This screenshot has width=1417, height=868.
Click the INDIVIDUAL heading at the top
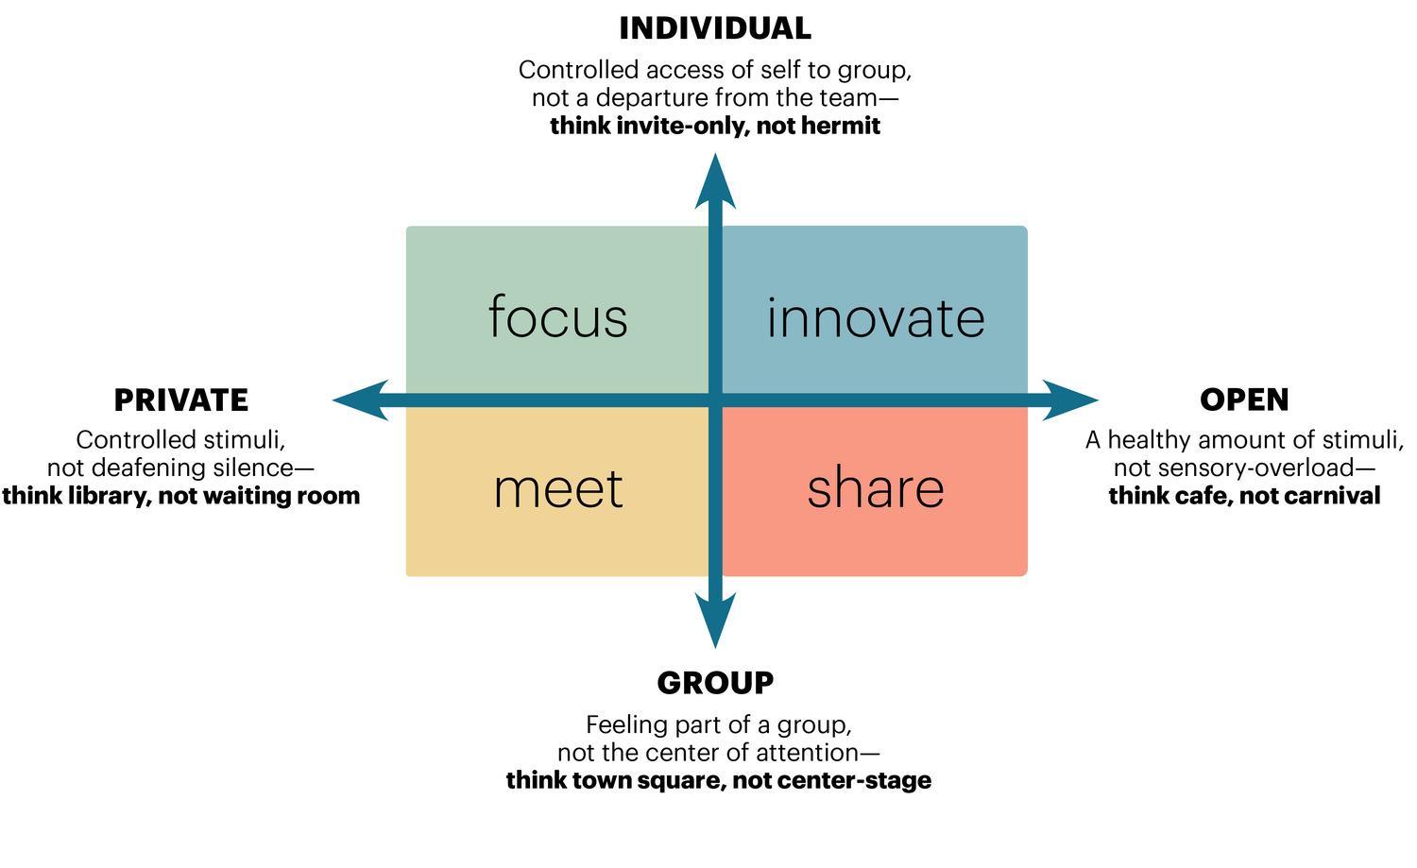click(715, 28)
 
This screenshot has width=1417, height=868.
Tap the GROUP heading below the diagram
click(715, 683)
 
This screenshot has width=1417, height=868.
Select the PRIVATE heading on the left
click(180, 400)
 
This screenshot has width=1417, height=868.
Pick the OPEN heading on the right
click(1244, 400)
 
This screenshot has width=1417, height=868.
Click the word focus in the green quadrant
click(557, 317)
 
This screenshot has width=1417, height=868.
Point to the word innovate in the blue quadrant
click(875, 317)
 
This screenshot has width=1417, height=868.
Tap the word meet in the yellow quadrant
click(557, 488)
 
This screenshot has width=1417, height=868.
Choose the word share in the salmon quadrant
click(875, 488)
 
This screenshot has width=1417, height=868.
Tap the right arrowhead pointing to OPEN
click(1071, 400)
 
